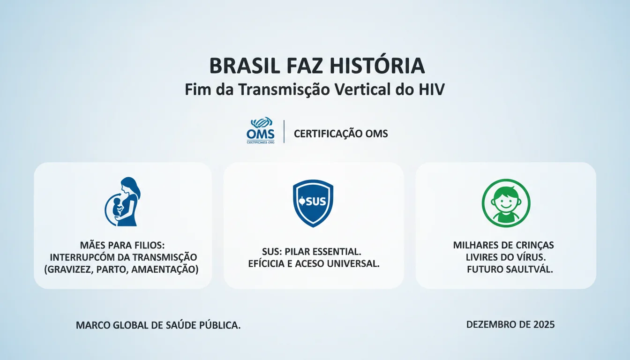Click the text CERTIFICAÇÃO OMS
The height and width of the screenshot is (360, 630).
(341, 134)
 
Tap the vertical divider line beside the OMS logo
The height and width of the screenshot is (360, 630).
(284, 132)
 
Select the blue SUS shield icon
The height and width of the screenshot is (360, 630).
(313, 202)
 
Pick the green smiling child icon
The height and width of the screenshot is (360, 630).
(506, 202)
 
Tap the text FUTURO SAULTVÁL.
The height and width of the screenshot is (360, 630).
(510, 270)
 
